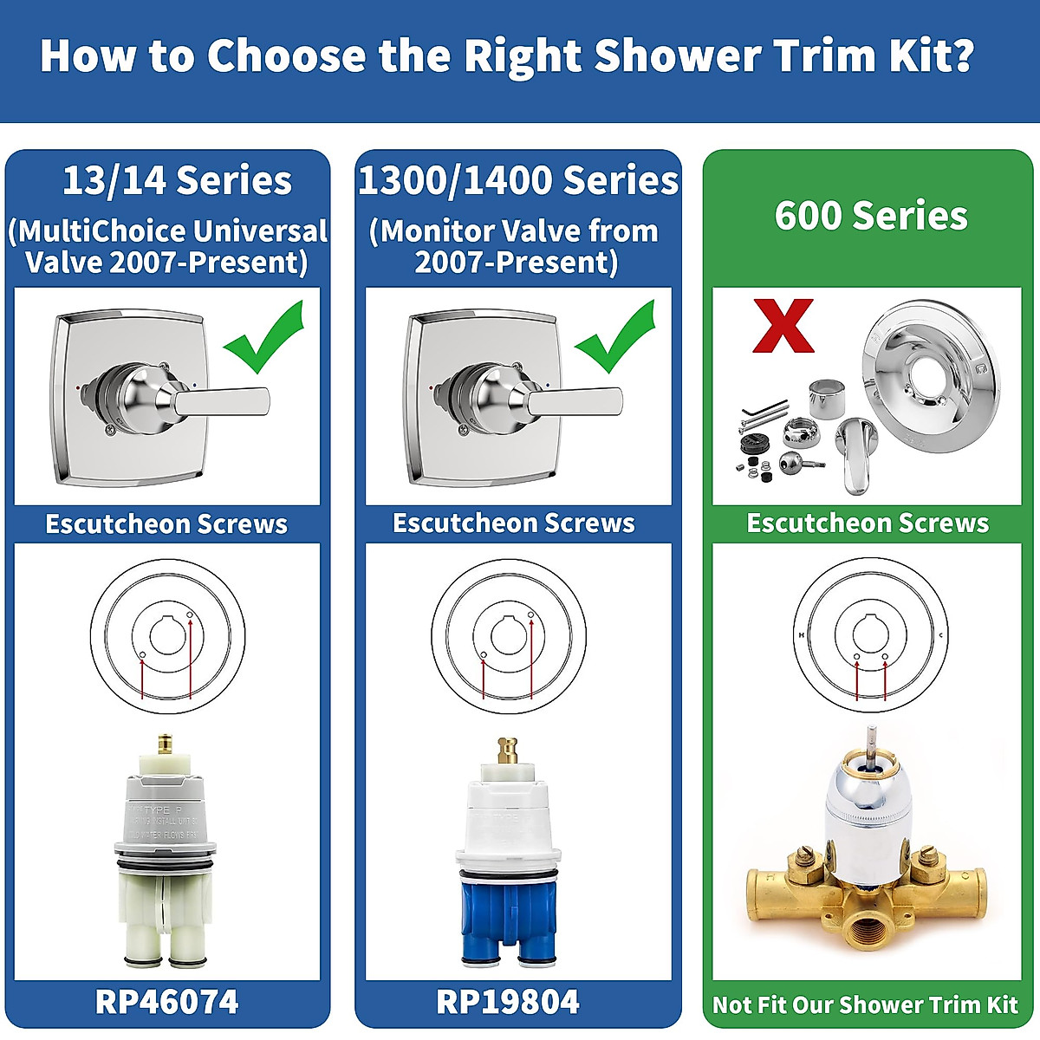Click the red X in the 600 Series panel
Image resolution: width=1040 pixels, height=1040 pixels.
pyautogui.click(x=783, y=326)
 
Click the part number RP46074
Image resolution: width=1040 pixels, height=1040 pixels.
pyautogui.click(x=167, y=1002)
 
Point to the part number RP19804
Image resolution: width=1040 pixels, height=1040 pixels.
pyautogui.click(x=508, y=1002)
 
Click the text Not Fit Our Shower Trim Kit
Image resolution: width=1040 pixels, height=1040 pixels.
pyautogui.click(x=865, y=1004)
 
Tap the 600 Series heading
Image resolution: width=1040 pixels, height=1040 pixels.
pyautogui.click(x=871, y=216)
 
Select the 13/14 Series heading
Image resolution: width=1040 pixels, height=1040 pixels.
pyautogui.click(x=177, y=181)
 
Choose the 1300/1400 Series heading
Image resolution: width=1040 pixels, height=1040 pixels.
pyautogui.click(x=518, y=181)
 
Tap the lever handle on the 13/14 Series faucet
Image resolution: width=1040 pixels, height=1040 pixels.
pyautogui.click(x=221, y=400)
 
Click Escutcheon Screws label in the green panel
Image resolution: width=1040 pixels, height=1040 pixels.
pyautogui.click(x=868, y=523)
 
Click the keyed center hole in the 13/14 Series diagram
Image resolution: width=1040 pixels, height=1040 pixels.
pyautogui.click(x=167, y=634)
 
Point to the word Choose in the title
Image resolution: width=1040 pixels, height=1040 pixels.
pyautogui.click(x=286, y=55)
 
